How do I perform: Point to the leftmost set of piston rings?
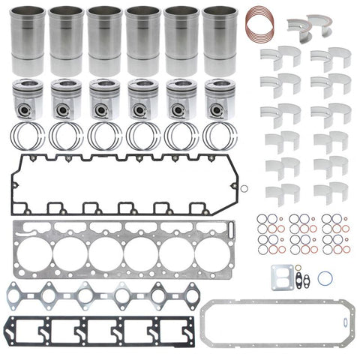[28, 136]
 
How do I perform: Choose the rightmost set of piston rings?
[218, 136]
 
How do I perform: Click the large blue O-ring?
[324, 277]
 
